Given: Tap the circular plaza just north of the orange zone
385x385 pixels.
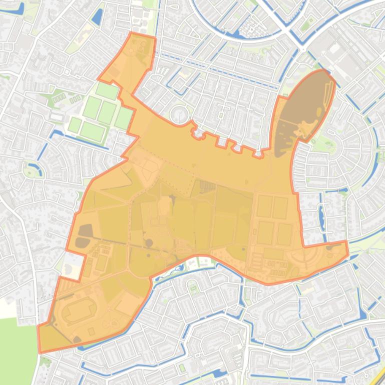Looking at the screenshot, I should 179,114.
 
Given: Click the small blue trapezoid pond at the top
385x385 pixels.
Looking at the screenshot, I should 97,16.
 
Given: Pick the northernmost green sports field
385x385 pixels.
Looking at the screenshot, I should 108,90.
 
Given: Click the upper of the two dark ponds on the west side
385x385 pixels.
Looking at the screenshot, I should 86,230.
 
